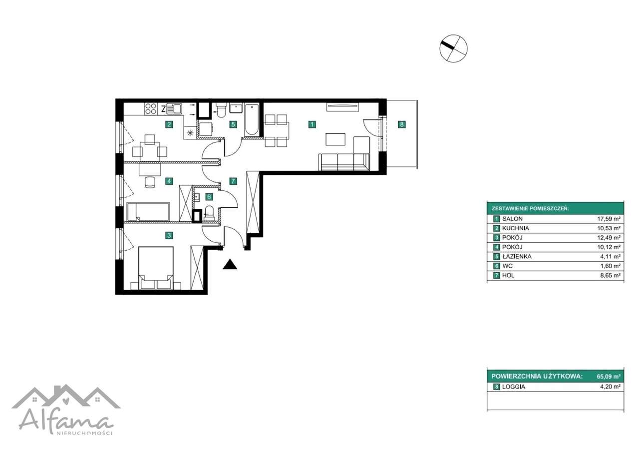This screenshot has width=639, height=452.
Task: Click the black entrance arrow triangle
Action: (230, 265)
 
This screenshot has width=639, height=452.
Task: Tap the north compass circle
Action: (453, 48)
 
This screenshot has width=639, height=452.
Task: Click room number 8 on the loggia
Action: (402, 124)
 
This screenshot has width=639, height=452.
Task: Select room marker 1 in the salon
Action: (312, 124)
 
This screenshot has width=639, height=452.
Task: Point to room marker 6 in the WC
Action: (209, 197)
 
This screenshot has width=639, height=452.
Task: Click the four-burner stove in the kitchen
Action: (151, 109)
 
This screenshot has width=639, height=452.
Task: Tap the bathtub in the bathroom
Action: (252, 119)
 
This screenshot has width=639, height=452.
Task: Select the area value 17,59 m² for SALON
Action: (609, 219)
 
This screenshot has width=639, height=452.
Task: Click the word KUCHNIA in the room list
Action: (516, 228)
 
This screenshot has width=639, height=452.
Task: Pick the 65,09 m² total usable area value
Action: (609, 377)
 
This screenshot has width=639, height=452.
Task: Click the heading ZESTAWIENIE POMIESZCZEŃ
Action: (530, 209)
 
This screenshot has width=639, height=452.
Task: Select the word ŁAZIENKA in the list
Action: (517, 257)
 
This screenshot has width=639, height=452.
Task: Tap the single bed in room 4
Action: (148, 212)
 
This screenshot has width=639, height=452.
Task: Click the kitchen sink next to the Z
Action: (174, 108)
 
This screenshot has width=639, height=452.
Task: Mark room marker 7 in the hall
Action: (233, 181)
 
